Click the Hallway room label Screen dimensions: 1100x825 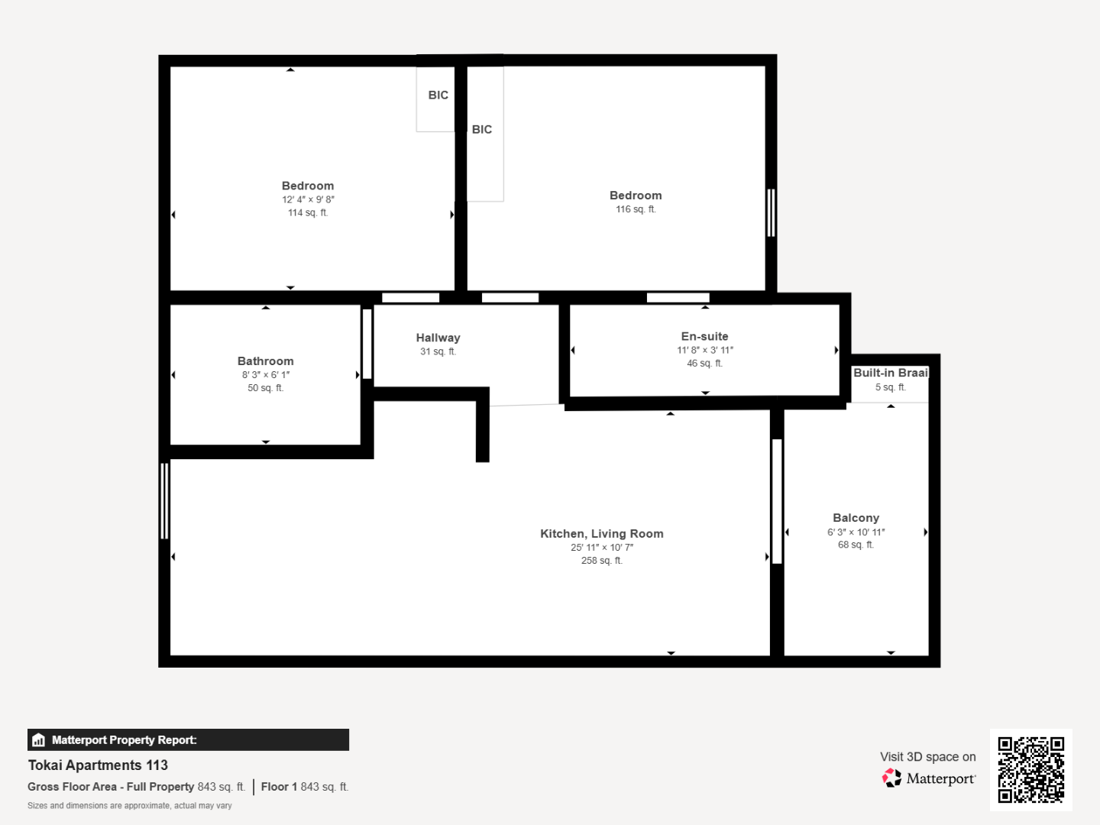pyautogui.click(x=438, y=338)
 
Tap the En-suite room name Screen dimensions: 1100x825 pyautogui.click(x=704, y=337)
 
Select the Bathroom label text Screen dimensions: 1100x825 pyautogui.click(x=266, y=361)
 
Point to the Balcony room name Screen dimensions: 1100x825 pyautogui.click(x=856, y=518)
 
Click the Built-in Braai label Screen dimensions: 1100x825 pyautogui.click(x=891, y=373)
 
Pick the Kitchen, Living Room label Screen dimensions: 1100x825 pyautogui.click(x=602, y=534)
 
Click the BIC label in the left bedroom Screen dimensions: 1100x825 pyautogui.click(x=438, y=95)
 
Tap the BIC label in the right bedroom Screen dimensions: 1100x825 pyautogui.click(x=482, y=130)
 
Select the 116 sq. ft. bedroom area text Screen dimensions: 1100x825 pyautogui.click(x=636, y=209)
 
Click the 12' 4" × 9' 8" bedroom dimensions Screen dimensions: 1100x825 pyautogui.click(x=308, y=199)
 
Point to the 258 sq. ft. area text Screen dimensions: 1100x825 pyautogui.click(x=602, y=561)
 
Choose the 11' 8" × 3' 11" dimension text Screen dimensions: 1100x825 pyautogui.click(x=705, y=350)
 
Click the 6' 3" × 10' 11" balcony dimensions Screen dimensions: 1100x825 pyautogui.click(x=856, y=532)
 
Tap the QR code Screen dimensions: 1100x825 pyautogui.click(x=1030, y=769)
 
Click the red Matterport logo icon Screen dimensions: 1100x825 pyautogui.click(x=891, y=778)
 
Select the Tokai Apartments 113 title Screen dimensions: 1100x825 pyautogui.click(x=98, y=765)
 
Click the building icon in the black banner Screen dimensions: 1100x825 pyautogui.click(x=39, y=740)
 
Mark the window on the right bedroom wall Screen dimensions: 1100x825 pyautogui.click(x=772, y=212)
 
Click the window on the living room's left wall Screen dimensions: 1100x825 pyautogui.click(x=164, y=501)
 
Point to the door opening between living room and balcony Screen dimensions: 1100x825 pyautogui.click(x=777, y=501)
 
